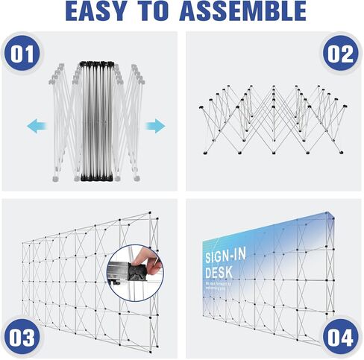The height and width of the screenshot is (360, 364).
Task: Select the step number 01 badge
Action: click(x=23, y=55)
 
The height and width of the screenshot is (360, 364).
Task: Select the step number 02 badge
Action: click(x=340, y=55)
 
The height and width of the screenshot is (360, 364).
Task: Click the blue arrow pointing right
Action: click(x=154, y=126)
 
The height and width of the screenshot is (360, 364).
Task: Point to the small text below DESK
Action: click(x=222, y=286)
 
